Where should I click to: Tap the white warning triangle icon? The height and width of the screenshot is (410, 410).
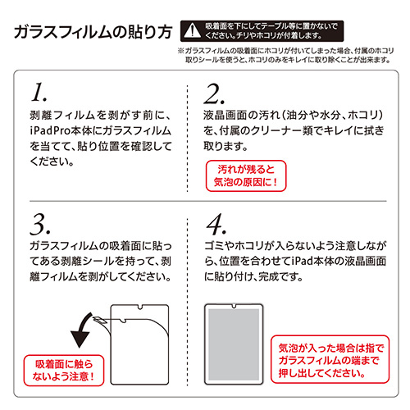click(191, 31)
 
